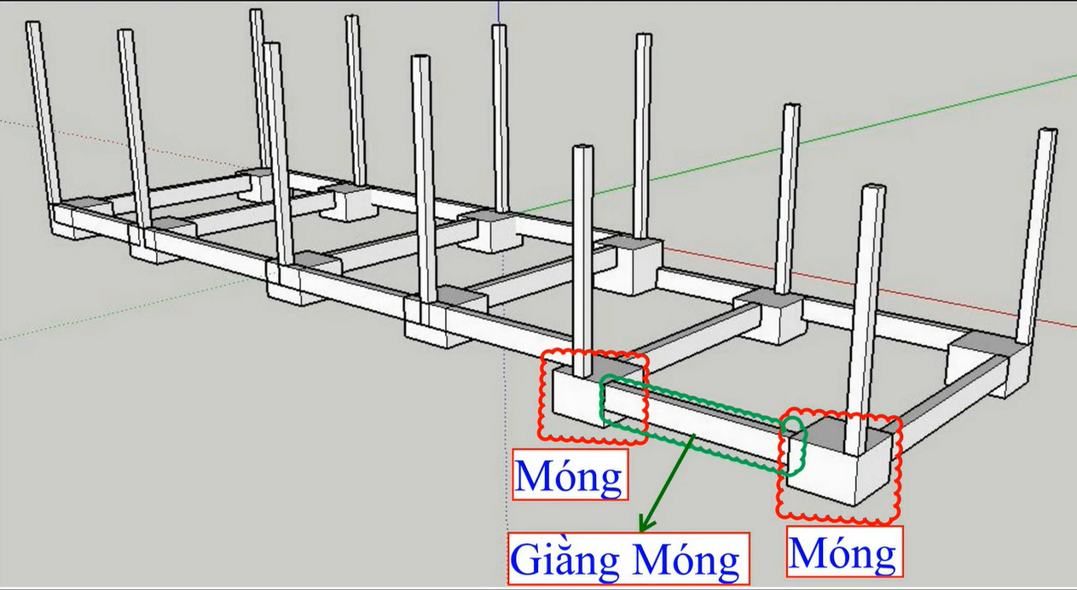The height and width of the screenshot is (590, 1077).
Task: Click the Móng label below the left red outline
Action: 570,476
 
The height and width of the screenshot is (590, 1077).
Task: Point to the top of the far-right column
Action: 1047,133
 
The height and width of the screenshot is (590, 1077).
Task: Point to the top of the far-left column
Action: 33,26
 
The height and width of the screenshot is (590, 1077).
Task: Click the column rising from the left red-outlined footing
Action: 582,256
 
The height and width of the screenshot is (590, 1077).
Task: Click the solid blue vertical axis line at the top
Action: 498,11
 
